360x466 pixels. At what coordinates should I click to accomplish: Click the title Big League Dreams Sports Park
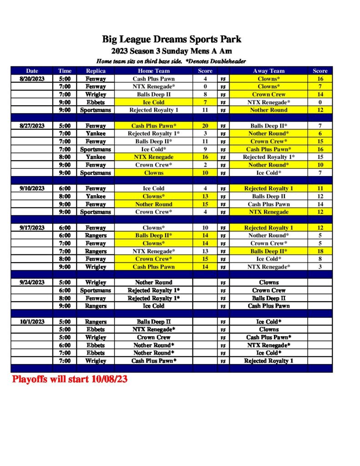[172, 39]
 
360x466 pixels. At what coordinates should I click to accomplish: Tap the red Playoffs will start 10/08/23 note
[70, 379]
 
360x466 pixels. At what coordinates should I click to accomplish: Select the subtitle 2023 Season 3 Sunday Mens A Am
[172, 51]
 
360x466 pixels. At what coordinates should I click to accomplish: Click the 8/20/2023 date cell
[32, 79]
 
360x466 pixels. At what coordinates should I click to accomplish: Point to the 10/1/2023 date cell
[32, 321]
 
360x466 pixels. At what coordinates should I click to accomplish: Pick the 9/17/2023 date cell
[32, 228]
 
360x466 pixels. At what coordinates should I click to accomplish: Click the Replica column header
[96, 71]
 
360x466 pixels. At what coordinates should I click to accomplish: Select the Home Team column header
[153, 71]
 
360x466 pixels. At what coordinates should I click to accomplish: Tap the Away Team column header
[269, 71]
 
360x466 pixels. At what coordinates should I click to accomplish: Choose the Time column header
[65, 71]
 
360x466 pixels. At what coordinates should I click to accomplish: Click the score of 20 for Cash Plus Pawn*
[205, 126]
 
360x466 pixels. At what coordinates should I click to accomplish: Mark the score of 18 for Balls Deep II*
[320, 251]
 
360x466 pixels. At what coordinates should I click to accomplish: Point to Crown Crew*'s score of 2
[205, 165]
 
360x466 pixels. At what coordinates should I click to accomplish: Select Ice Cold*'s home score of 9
[205, 149]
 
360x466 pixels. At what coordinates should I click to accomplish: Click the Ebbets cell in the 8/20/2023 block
[96, 102]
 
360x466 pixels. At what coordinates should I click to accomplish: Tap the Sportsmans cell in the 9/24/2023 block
[96, 290]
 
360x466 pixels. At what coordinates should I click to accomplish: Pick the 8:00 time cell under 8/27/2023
[65, 157]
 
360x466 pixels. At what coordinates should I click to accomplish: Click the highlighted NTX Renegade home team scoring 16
[153, 157]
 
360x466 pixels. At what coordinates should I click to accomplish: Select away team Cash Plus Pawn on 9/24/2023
[269, 306]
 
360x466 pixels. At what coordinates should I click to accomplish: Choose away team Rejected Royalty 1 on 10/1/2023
[269, 361]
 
